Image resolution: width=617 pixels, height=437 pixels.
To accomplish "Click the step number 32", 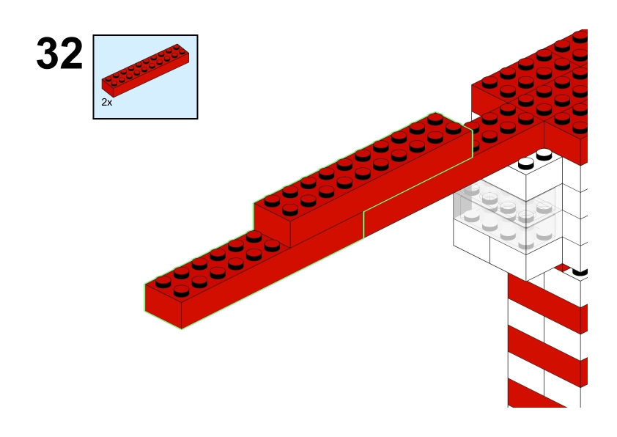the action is [59, 54].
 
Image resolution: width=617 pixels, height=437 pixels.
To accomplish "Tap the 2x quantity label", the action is [107, 103].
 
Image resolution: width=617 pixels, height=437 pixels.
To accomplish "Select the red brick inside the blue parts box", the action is [145, 70].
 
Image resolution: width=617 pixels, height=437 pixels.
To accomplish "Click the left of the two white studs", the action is [525, 164].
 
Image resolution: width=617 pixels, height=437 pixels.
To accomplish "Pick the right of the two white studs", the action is [544, 154].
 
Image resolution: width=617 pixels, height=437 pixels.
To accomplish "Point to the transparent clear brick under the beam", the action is [508, 215].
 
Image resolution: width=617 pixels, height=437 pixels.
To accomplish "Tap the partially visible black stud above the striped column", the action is [580, 271].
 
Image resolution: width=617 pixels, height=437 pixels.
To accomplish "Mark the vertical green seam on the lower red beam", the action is [363, 224].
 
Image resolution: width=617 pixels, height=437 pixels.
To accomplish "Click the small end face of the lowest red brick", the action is [163, 306].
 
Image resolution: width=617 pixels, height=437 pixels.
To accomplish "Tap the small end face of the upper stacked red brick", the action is [272, 225].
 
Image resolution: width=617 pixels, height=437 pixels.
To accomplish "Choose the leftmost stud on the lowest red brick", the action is [163, 282].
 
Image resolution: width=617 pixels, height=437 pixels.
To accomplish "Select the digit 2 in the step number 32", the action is [72, 54].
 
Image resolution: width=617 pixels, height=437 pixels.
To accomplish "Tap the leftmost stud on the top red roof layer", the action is [489, 83].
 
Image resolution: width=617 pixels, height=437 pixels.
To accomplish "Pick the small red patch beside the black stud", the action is [563, 268].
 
